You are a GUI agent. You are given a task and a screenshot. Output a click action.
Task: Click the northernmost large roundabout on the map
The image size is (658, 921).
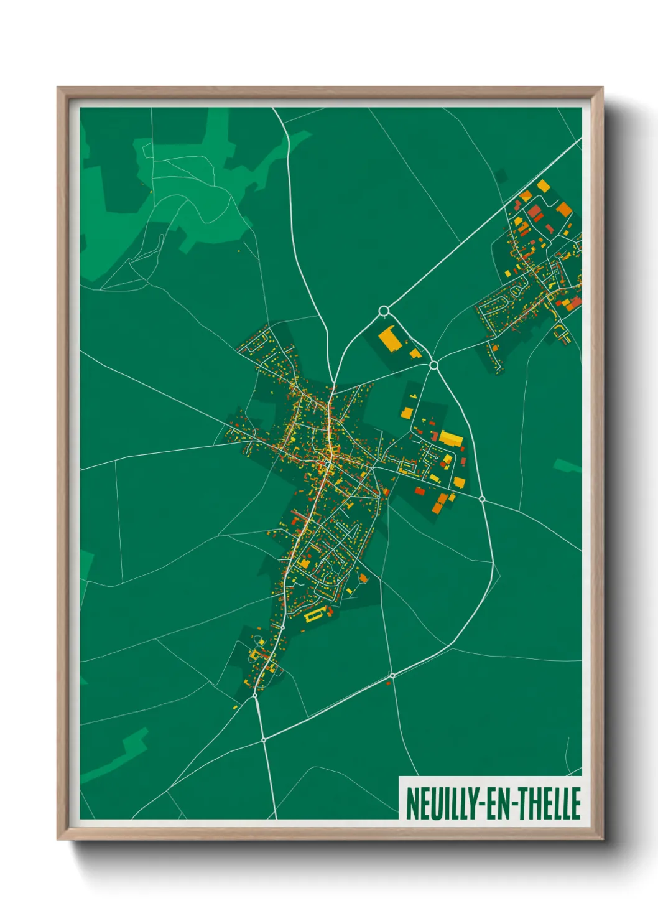point(384,311)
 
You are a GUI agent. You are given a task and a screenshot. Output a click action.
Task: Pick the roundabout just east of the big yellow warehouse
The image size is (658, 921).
point(434,365)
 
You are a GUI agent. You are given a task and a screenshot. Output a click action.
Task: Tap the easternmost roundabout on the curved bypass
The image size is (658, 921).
point(482,498)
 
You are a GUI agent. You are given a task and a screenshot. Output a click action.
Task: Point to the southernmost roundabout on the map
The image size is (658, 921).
point(264,740)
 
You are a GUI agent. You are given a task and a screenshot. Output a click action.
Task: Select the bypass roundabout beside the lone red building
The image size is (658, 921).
point(392,675)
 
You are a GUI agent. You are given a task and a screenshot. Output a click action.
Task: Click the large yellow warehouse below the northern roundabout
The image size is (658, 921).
point(390,339)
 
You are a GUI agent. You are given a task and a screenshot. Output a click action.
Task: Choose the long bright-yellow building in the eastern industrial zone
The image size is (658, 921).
point(451,439)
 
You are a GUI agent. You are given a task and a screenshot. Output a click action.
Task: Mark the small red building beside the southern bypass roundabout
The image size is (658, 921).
point(389,683)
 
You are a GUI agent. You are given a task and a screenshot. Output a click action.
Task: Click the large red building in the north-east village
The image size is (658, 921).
point(535,213)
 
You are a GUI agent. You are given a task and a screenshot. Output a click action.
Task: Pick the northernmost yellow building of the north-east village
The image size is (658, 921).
point(543,185)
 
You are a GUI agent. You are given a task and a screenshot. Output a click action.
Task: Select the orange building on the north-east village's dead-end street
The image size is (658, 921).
point(563,209)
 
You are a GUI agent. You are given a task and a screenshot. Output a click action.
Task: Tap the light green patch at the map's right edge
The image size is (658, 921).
point(567,465)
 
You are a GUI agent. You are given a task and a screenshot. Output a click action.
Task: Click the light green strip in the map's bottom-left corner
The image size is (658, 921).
point(118,756)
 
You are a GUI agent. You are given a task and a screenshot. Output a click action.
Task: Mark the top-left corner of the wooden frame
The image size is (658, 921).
point(58,88)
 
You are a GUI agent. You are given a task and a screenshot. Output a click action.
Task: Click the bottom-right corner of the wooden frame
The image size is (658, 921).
point(602,839)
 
